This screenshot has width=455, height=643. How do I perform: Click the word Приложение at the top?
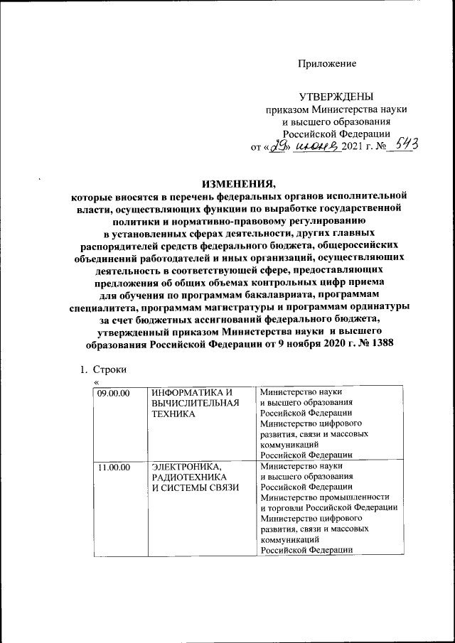[x=326, y=65]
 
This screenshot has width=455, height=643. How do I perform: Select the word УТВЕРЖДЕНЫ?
[x=336, y=97]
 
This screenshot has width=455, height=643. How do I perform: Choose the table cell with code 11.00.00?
[x=112, y=466]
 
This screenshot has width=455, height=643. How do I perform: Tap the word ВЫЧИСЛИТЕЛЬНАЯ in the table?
[x=192, y=403]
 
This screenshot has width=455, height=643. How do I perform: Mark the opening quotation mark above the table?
[x=95, y=383]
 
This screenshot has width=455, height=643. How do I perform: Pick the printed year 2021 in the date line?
[x=353, y=147]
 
